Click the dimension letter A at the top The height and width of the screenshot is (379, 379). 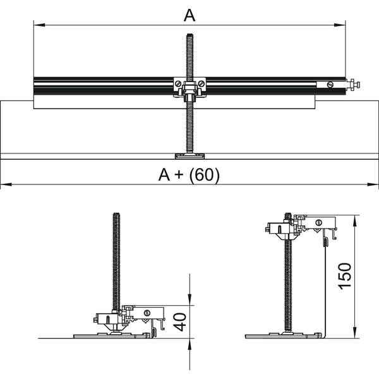189,15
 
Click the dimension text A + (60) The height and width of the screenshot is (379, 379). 189,176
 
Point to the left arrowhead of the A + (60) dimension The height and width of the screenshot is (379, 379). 4,184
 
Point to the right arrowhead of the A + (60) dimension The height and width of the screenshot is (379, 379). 374,184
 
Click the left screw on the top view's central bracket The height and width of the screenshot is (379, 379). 179,83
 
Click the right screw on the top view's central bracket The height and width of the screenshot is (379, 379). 201,83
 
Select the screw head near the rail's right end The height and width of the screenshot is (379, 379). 328,84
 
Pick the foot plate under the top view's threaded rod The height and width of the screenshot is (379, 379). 189,155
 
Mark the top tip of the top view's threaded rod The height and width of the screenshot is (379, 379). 189,35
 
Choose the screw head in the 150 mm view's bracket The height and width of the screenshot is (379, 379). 319,222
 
